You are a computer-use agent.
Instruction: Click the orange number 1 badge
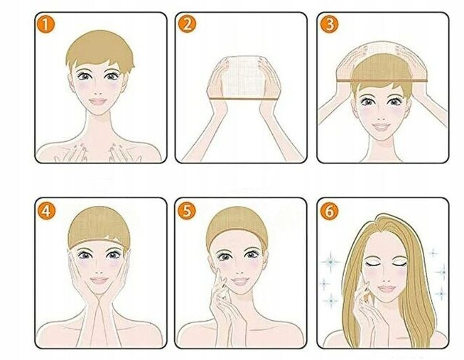point(46,24)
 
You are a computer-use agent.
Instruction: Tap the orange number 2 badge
point(187,24)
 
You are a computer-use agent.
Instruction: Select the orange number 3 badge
point(329,24)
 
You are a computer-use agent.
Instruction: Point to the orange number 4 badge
point(46,211)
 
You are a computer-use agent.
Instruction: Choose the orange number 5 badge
point(187,211)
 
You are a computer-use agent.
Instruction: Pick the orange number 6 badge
point(329,211)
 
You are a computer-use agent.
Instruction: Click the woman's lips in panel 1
point(98,102)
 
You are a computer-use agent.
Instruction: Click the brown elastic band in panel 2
point(244,99)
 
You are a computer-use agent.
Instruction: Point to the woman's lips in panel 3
point(381,127)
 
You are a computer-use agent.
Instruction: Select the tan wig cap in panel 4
point(98,227)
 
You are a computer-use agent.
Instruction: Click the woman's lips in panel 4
point(99,280)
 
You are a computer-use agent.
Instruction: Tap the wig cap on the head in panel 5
point(237,227)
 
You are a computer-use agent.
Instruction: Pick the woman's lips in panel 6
point(387,289)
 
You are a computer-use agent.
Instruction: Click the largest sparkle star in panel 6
point(331,261)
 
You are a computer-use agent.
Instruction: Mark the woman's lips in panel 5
point(240,281)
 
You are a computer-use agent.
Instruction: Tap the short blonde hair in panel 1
point(100,49)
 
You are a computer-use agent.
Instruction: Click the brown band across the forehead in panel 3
point(382,81)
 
